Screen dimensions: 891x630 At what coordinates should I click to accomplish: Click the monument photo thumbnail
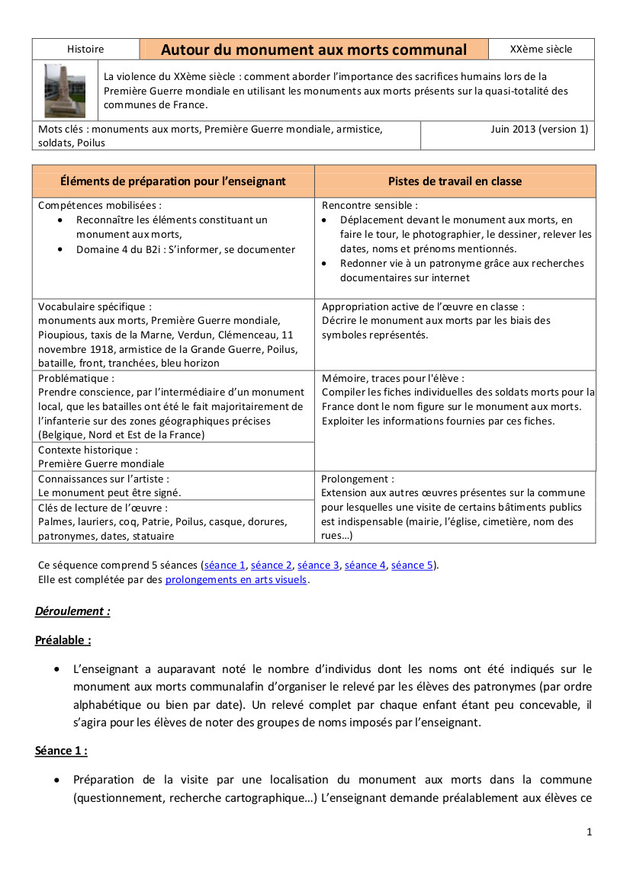(65, 91)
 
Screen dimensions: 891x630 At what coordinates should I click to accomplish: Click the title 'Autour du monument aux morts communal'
(313, 50)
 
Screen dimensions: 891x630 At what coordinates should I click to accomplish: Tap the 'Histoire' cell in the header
(85, 50)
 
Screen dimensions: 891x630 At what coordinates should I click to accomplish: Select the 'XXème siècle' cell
(541, 50)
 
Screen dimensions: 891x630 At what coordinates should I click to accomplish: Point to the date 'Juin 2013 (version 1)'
(539, 130)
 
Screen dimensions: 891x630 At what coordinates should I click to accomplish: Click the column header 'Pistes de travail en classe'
(455, 181)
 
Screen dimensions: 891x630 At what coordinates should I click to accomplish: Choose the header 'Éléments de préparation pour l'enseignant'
(173, 181)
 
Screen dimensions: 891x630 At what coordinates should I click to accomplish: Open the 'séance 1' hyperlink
(225, 566)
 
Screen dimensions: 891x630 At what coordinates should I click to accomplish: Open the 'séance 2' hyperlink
(272, 566)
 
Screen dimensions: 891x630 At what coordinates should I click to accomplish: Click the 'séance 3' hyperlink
(318, 566)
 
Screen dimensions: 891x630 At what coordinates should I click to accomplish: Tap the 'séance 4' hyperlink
(365, 566)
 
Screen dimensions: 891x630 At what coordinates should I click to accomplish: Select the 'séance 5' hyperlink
(412, 566)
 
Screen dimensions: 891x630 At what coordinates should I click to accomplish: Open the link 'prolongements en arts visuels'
(236, 579)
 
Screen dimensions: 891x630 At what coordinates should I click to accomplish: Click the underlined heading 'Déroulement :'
(72, 611)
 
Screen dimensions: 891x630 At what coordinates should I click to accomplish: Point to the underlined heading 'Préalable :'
(63, 640)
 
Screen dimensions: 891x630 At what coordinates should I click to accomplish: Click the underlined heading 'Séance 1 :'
(61, 751)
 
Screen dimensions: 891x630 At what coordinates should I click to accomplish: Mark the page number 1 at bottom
(590, 832)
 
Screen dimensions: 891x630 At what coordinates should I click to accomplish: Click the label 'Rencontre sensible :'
(370, 206)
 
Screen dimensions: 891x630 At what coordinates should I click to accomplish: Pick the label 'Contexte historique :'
(88, 450)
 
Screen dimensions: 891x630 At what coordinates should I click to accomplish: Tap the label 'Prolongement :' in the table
(358, 479)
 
